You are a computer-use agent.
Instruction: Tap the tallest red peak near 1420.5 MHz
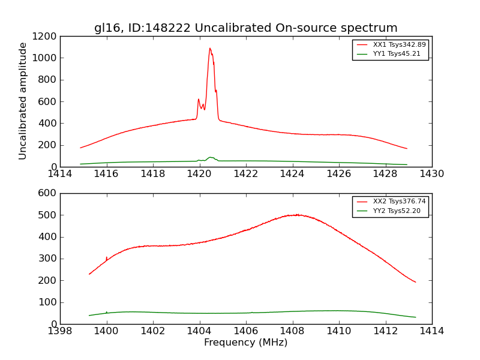point(210,49)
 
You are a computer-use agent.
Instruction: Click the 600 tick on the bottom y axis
point(47,193)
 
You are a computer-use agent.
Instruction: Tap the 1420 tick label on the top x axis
point(199,174)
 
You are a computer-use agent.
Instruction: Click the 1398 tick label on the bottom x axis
point(60,331)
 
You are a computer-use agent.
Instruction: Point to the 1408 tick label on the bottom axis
point(292,331)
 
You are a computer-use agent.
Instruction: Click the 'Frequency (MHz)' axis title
point(245,343)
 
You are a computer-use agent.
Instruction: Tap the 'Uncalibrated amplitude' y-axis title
point(23,101)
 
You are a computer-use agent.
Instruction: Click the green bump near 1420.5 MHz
point(210,158)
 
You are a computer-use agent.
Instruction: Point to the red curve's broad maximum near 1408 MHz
point(294,215)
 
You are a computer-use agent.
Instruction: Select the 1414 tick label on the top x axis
point(60,174)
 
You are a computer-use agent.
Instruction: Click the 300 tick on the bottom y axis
point(47,259)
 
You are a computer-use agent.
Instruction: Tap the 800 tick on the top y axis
point(47,80)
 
